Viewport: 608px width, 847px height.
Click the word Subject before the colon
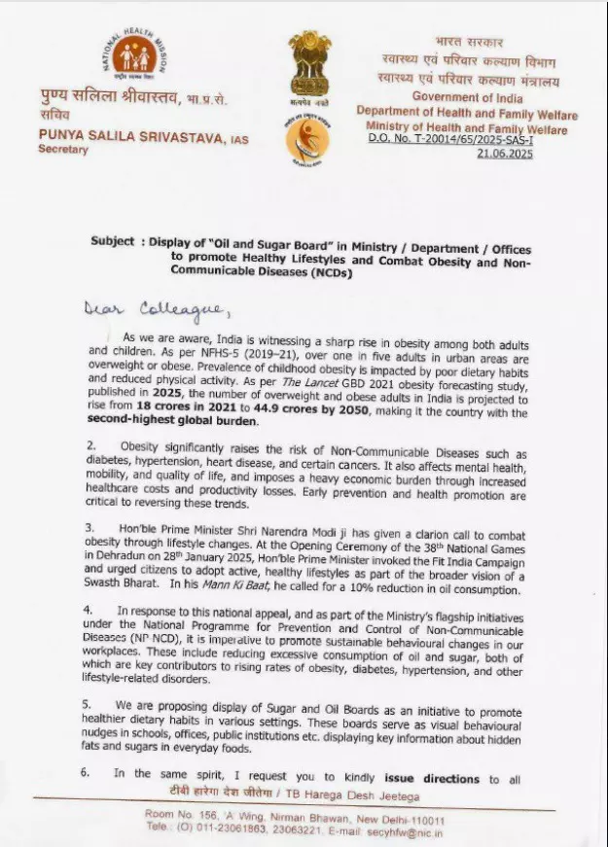(x=113, y=241)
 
